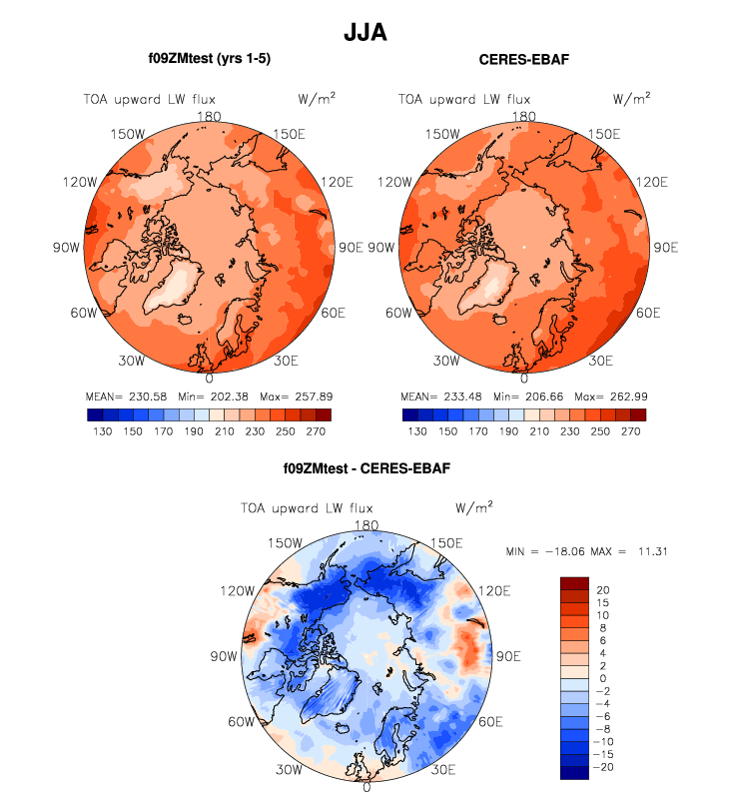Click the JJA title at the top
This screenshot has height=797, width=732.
[365, 32]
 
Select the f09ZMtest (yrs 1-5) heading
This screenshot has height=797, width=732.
[209, 59]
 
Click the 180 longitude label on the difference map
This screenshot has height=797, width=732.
[366, 525]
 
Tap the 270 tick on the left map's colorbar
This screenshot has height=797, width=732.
[314, 433]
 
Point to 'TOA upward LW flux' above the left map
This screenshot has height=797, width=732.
[150, 99]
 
